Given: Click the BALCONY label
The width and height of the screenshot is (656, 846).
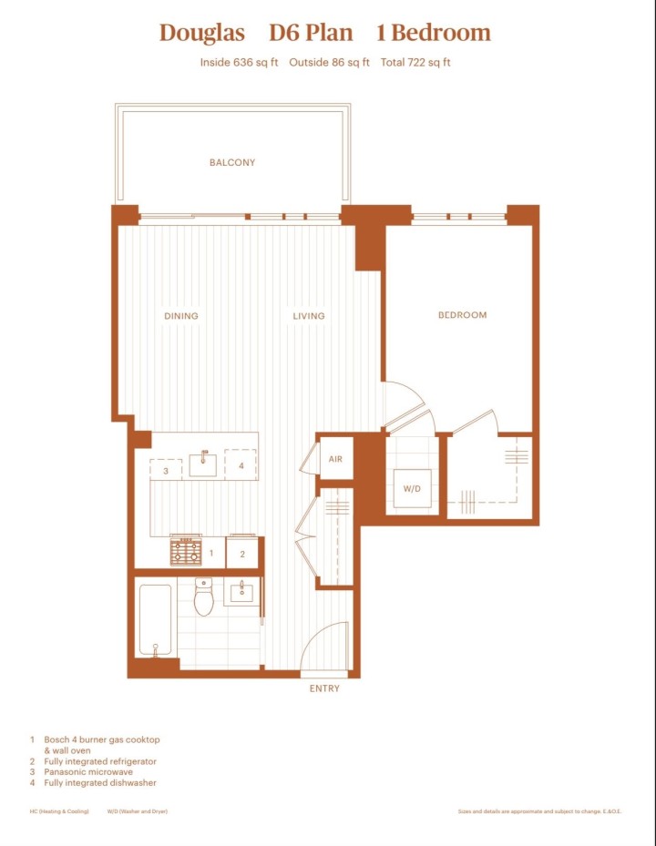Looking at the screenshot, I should (x=232, y=163).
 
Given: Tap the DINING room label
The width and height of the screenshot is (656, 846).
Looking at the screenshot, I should (x=181, y=316).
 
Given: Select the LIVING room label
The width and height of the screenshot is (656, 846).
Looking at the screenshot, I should (x=309, y=316).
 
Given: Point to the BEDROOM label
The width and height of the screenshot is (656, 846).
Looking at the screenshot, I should (x=462, y=315).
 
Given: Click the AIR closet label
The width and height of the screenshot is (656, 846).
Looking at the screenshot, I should (x=335, y=460).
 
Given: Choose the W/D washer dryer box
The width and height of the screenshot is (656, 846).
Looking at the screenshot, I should (x=412, y=489).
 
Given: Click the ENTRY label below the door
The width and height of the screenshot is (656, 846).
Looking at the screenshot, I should (x=324, y=688).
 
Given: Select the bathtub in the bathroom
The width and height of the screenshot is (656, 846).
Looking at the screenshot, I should (x=155, y=620).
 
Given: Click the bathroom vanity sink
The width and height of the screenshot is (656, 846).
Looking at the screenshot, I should (x=242, y=592).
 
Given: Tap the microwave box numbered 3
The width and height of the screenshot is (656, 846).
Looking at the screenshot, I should (x=166, y=471).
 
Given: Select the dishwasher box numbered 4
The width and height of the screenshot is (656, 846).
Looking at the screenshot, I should (x=241, y=465).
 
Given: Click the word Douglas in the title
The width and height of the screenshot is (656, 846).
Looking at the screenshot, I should (x=202, y=34).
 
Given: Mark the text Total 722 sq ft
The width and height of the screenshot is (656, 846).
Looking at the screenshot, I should (x=415, y=63).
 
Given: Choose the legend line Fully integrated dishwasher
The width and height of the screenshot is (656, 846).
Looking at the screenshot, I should (x=99, y=782).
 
